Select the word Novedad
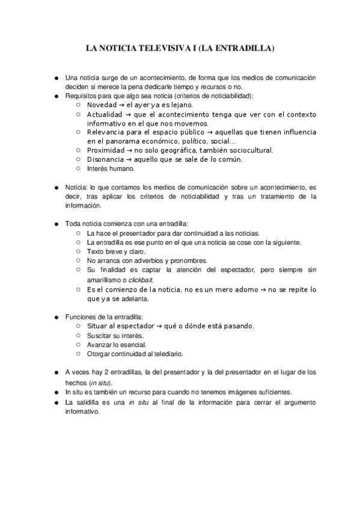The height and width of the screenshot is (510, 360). (x=103, y=105)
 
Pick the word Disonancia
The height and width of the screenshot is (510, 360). (x=106, y=159)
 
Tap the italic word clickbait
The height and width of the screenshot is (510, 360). (x=141, y=280)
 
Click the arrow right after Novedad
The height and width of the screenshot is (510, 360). (x=123, y=105)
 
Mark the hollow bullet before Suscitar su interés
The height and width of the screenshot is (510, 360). (x=79, y=335)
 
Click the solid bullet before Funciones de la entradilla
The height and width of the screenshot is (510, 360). (x=56, y=316)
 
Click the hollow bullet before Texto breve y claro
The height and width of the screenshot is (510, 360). (x=79, y=251)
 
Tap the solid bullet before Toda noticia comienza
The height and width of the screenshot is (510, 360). (x=56, y=224)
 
